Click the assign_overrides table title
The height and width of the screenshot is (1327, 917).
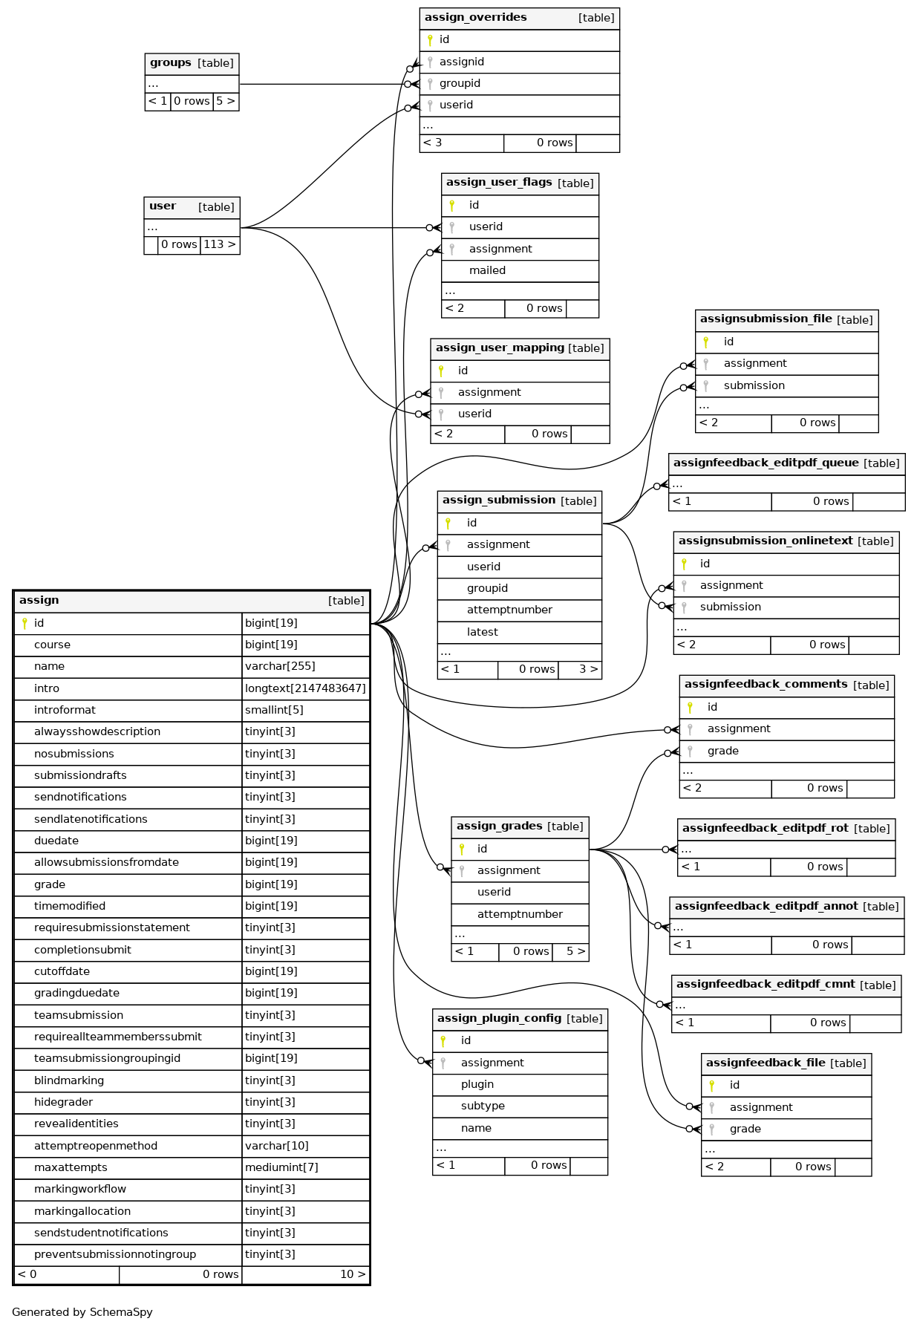coord(475,17)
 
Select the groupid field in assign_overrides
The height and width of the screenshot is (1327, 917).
coord(460,83)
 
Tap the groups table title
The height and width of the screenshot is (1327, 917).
coord(171,62)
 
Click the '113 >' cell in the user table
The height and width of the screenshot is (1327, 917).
coord(220,244)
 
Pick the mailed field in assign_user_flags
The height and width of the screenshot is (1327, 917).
coord(487,270)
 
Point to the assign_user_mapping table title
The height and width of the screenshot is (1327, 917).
coord(500,348)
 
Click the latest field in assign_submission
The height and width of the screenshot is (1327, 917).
coord(482,632)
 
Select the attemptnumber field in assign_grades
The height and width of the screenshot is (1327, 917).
coord(520,914)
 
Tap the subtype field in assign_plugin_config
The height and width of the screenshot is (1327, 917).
coord(483,1106)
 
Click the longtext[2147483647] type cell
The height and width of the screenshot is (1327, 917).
coord(305,688)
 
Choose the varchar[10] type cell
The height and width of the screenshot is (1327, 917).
coord(277,1146)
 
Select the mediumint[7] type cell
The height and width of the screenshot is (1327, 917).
coord(281,1167)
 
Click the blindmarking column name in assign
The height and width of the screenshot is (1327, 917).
coord(69,1080)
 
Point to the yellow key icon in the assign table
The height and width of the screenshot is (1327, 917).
coord(25,623)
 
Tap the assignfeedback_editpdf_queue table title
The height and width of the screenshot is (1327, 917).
coord(766,463)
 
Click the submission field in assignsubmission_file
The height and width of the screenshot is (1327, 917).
coord(754,385)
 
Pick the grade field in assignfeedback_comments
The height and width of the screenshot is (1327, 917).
coord(722,751)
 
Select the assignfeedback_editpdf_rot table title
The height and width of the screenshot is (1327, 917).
coord(765,828)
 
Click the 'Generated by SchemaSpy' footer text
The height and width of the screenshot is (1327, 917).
coord(82,1312)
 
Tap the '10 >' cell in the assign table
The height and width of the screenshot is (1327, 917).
coord(353,1274)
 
